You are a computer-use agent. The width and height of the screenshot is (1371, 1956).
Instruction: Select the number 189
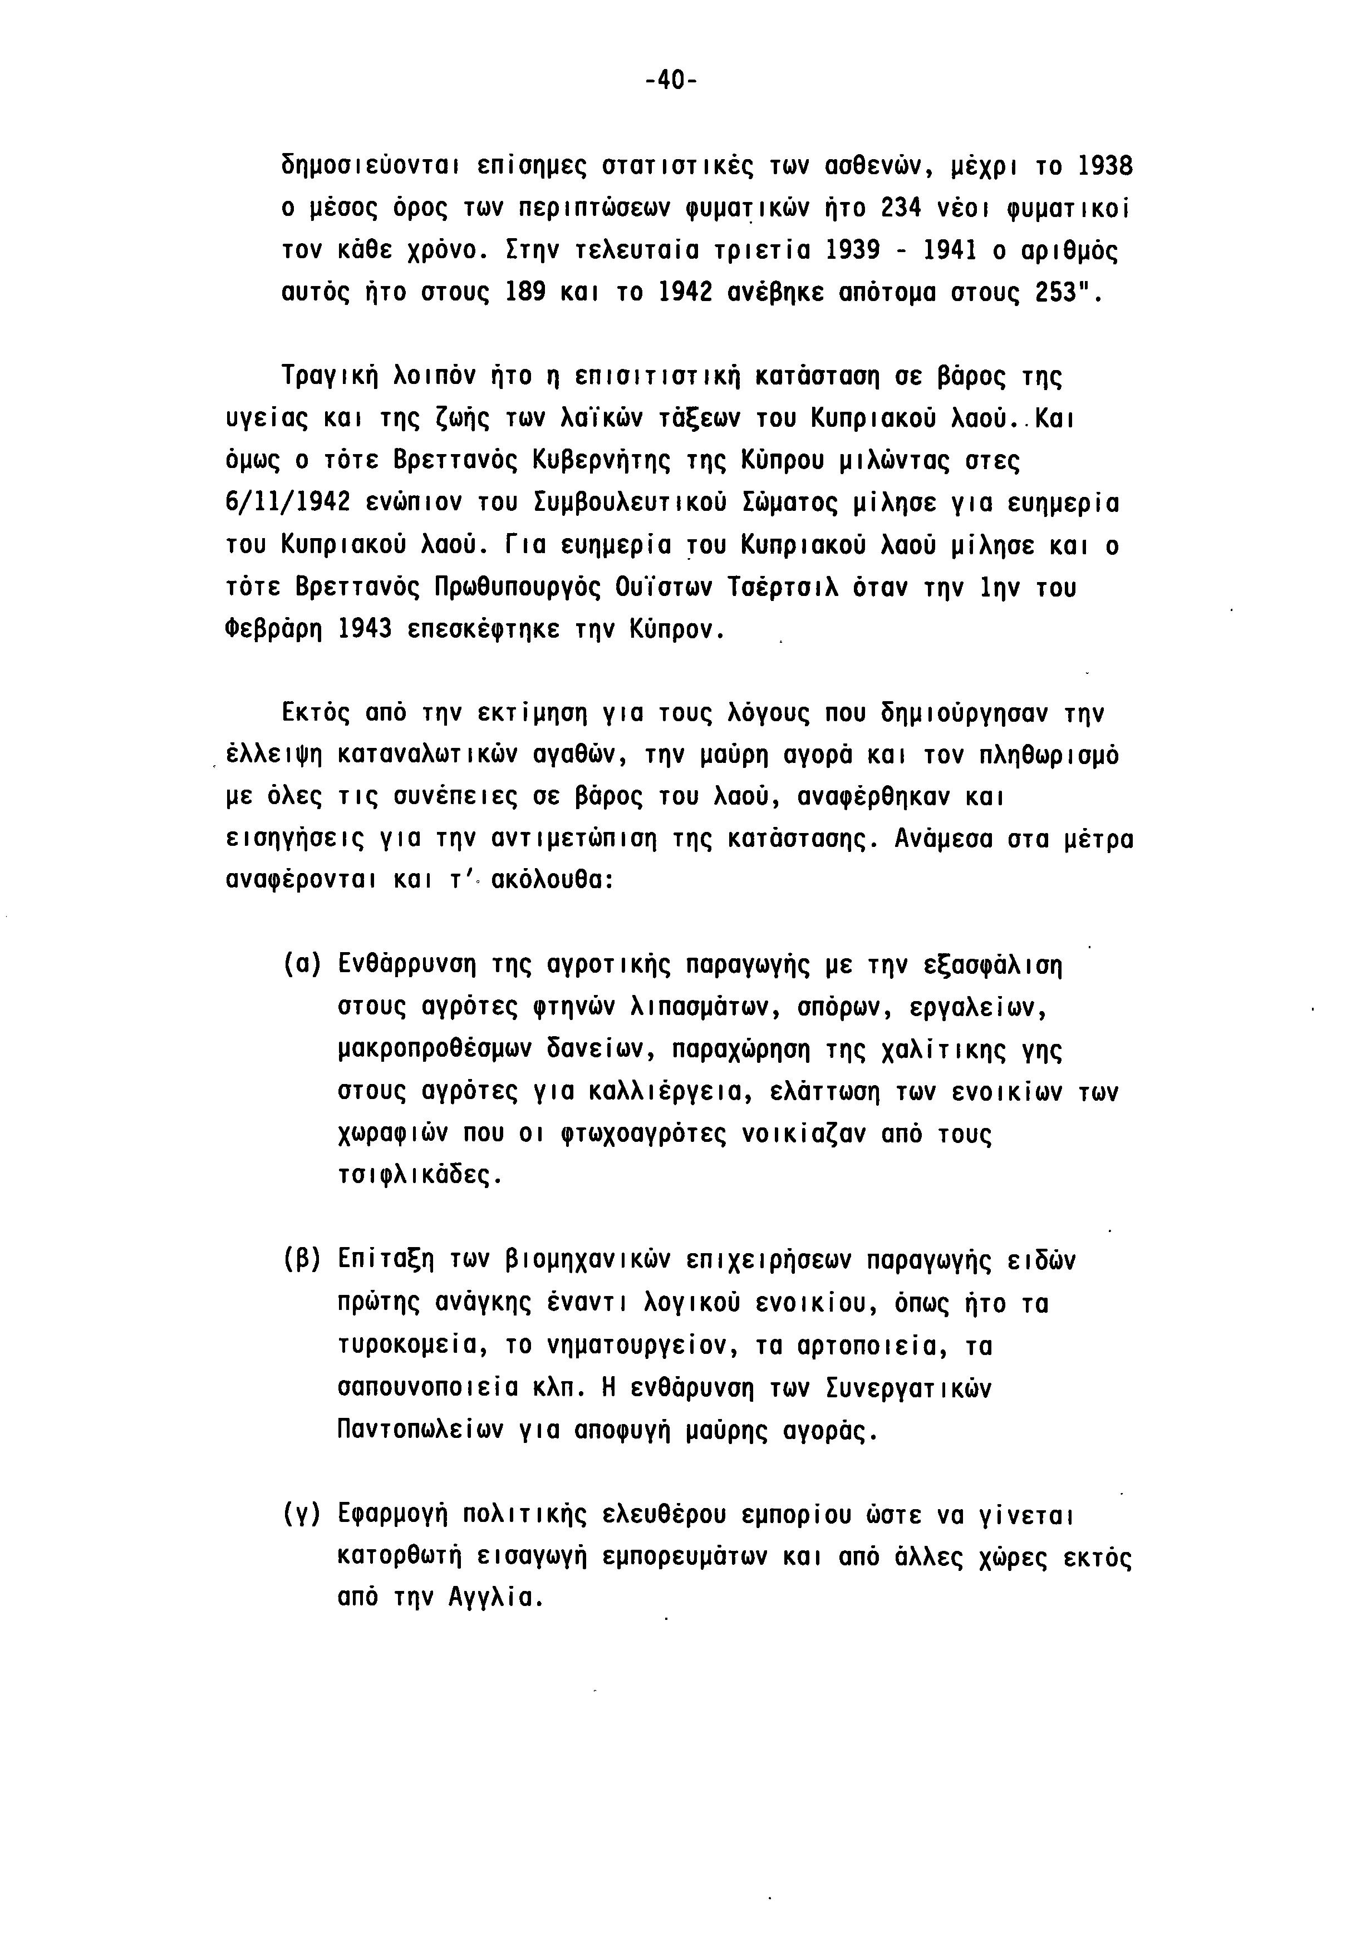tap(525, 293)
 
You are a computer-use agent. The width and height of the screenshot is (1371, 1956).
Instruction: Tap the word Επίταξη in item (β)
tap(386, 1259)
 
